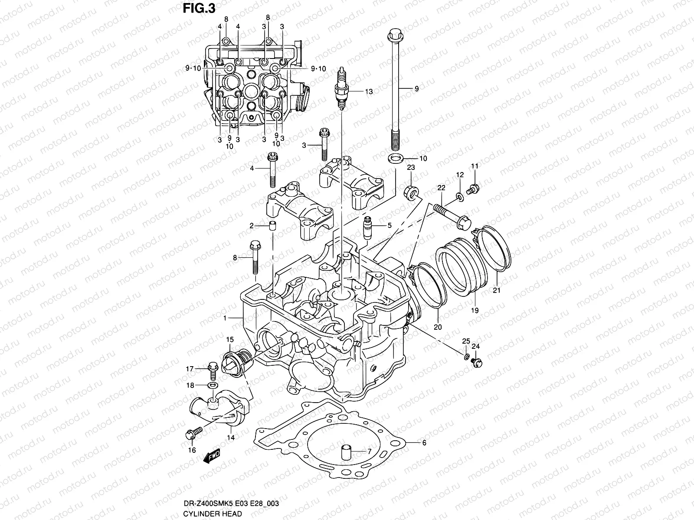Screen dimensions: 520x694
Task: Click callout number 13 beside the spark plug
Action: [x=368, y=91]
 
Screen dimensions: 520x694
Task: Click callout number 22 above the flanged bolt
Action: [x=441, y=188]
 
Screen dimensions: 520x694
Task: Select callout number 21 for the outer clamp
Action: [x=497, y=290]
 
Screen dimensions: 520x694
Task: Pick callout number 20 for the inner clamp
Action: [x=438, y=327]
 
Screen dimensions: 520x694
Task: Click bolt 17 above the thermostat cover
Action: [x=213, y=369]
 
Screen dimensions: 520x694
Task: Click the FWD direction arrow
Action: [x=213, y=456]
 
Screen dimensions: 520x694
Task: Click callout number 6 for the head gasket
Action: [x=424, y=442]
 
